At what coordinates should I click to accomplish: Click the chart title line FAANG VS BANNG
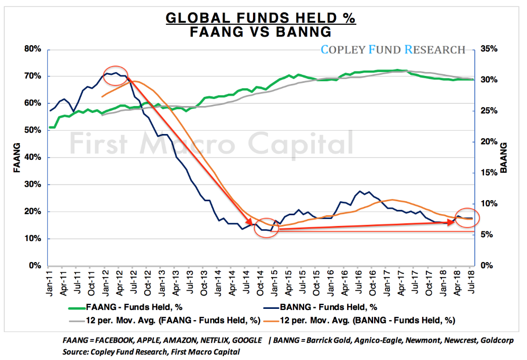(x=261, y=32)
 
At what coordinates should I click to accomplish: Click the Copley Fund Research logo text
(x=393, y=50)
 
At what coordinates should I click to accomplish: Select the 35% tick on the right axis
(x=487, y=49)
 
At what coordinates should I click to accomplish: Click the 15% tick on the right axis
(x=487, y=173)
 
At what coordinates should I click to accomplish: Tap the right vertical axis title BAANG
(x=504, y=157)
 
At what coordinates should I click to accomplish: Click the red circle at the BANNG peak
(x=115, y=75)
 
